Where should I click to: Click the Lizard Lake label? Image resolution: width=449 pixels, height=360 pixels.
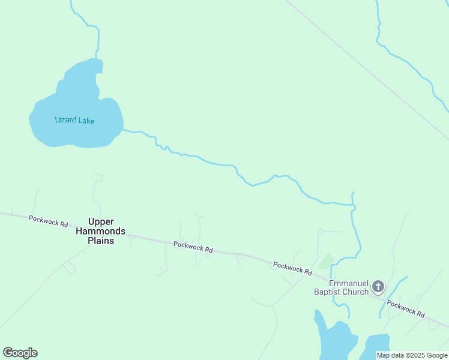(74, 120)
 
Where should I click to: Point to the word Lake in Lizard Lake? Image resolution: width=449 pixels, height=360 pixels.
(86, 121)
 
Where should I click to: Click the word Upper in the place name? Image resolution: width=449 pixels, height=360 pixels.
(101, 221)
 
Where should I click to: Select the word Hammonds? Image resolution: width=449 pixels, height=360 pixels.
(101, 231)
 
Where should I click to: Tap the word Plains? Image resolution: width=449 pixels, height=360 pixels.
(101, 241)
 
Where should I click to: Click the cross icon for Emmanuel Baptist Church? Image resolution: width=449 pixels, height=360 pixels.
(378, 286)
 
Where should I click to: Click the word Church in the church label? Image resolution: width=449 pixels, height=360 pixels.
(355, 292)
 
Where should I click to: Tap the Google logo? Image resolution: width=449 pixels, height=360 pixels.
(20, 353)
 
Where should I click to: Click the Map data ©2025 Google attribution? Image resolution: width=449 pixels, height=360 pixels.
(412, 355)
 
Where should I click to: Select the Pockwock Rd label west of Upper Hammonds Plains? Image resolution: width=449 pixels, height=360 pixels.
(48, 221)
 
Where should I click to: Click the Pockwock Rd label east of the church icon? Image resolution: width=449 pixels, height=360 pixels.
(405, 309)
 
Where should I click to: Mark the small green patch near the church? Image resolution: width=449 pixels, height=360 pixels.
(327, 262)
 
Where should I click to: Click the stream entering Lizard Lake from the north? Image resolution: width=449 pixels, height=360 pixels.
(97, 42)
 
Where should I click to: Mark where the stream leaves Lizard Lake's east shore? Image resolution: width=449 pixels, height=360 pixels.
(124, 129)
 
